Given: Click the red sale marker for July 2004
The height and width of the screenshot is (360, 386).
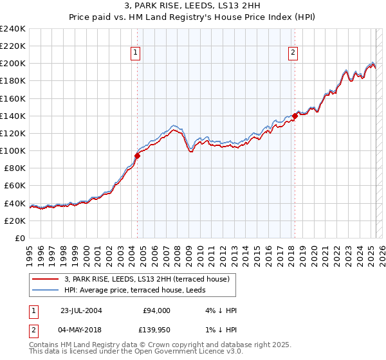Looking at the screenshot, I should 138,156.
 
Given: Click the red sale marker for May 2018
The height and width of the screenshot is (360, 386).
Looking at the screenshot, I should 295,116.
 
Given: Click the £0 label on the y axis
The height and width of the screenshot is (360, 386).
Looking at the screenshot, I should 21,238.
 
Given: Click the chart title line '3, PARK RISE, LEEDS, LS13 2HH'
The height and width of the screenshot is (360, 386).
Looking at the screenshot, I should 193,8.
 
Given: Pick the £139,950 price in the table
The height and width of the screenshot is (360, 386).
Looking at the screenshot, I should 156,330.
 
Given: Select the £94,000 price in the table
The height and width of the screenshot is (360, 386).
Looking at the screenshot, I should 156,310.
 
